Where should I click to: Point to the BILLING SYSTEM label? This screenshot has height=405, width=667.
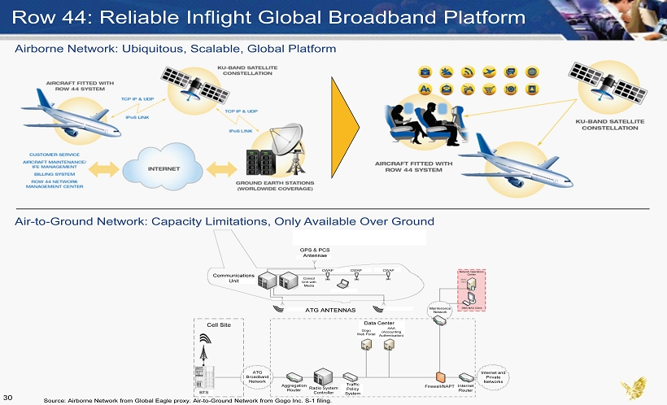point(54,173)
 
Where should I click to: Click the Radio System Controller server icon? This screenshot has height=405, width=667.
point(323,376)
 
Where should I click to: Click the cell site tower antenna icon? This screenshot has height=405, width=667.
point(204,351)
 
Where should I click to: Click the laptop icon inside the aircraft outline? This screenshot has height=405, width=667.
point(343,285)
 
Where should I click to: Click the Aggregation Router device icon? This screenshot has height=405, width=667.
point(294,377)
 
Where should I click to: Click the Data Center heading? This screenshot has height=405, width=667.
point(379,323)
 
